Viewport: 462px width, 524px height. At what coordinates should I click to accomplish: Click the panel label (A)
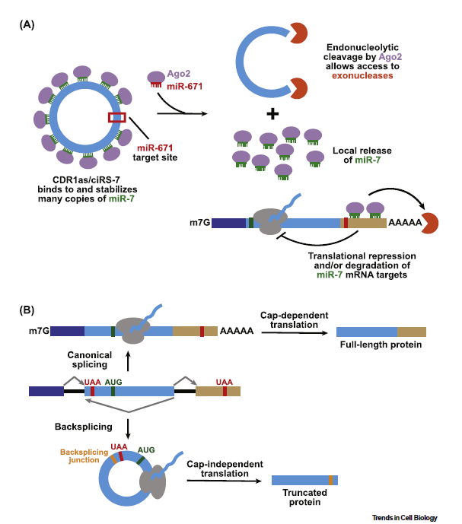tap(25, 24)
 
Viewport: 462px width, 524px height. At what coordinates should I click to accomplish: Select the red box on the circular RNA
tap(117, 117)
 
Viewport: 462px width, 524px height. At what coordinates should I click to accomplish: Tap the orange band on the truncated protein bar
tap(330, 480)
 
